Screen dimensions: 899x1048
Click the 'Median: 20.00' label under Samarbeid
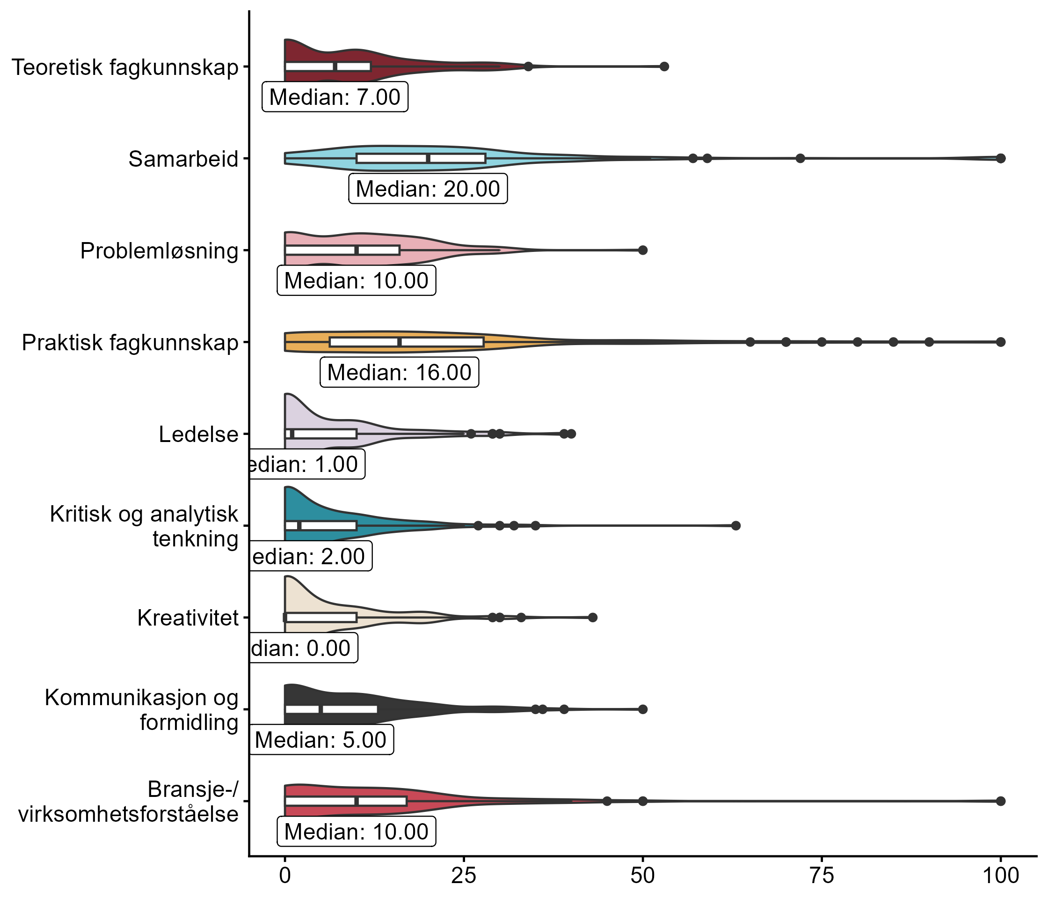pos(428,189)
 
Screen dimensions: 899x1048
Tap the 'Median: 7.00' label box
pos(335,96)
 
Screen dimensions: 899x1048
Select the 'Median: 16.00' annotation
pos(400,373)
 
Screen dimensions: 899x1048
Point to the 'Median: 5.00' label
pos(320,740)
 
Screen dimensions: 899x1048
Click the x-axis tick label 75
pos(822,876)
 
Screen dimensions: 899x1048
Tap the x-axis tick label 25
pos(464,876)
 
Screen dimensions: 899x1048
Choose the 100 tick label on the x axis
pos(1000,876)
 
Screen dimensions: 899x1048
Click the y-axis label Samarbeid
pos(183,159)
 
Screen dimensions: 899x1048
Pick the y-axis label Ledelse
pos(198,435)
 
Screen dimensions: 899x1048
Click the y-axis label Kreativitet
pos(188,618)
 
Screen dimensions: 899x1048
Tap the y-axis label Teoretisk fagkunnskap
pos(124,67)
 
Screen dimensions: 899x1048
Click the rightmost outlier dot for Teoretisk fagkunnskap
pos(664,66)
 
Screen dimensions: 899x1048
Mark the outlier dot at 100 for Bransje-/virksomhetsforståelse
pos(1000,801)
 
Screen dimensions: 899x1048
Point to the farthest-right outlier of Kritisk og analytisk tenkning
pos(736,525)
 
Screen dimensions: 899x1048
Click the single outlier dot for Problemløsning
pos(643,250)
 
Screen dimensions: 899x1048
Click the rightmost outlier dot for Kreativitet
pos(593,618)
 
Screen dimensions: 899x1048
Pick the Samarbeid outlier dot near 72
pos(800,158)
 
